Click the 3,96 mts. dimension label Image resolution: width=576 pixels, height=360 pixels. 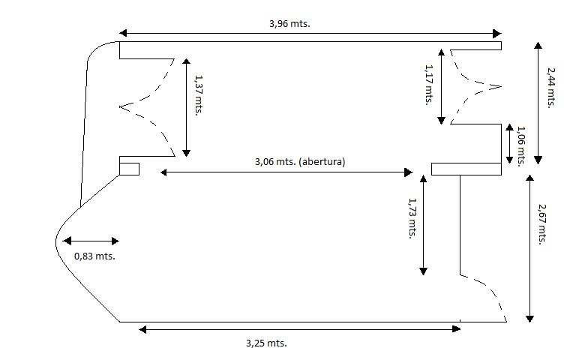point(289,23)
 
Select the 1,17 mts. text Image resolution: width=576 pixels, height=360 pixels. point(429,84)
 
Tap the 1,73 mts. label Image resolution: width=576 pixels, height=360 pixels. point(411,217)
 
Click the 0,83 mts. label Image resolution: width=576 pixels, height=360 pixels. point(94,256)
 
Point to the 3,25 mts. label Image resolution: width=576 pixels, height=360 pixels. point(266,343)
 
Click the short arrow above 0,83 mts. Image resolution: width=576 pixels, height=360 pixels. point(91,241)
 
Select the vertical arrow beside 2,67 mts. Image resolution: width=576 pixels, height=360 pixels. point(531,247)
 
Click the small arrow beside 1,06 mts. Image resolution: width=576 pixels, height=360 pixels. point(511,145)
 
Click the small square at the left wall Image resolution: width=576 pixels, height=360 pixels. point(129,168)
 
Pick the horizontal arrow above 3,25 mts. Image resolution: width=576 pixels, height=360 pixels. point(300,328)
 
